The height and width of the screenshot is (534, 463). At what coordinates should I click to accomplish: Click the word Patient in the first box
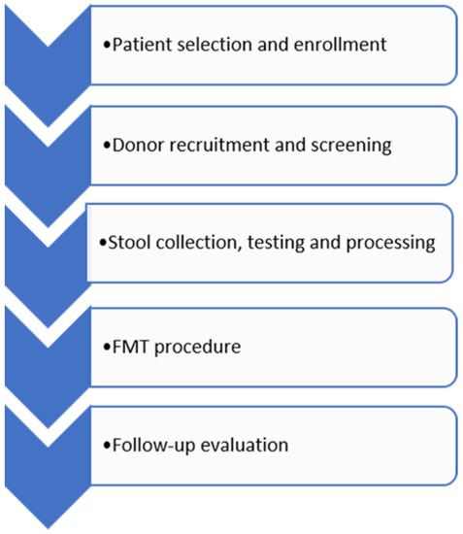click(x=137, y=45)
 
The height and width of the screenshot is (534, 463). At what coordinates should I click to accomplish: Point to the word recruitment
click(x=216, y=146)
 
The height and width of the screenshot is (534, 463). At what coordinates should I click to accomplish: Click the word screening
click(x=352, y=146)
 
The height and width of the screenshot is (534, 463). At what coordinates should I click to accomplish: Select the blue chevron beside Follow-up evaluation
click(x=43, y=456)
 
